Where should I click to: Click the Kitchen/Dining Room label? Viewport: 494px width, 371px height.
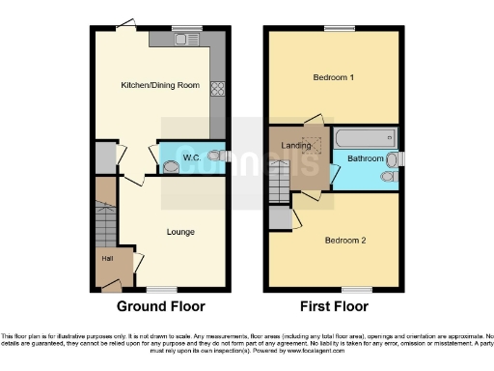[x=160, y=86]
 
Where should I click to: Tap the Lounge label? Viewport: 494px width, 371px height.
[x=180, y=232]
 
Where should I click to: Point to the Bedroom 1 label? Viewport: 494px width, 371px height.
[x=331, y=77]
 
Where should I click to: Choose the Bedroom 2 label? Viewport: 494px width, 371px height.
[x=344, y=240]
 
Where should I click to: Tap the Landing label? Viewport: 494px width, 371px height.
[x=296, y=146]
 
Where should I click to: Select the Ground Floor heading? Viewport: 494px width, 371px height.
[x=161, y=308]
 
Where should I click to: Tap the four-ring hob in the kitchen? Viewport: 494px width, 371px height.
[x=217, y=87]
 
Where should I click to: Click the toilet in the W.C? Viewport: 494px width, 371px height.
[x=218, y=154]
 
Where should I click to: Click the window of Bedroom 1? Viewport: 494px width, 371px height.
[x=337, y=27]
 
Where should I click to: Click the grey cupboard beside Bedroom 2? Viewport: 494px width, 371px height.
[x=281, y=220]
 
